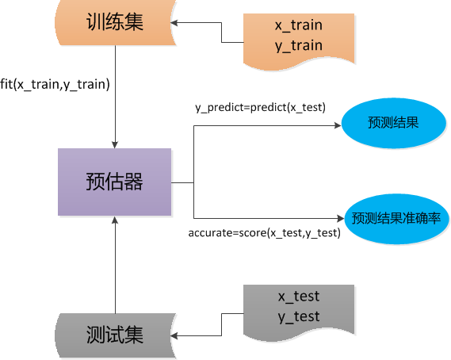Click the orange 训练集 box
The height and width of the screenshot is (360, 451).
115,22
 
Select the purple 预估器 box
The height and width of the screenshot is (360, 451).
115,182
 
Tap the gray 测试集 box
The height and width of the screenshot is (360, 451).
115,335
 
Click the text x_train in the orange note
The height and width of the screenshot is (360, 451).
298,25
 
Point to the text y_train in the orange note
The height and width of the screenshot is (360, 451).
298,45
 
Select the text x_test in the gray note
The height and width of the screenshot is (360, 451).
298,297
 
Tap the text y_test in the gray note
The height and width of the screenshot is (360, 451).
298,316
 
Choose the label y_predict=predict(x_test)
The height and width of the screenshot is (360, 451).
261,107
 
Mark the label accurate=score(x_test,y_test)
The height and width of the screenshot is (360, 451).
264,232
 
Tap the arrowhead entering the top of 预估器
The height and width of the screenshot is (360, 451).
115,144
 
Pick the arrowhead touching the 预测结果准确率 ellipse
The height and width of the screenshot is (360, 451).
342,217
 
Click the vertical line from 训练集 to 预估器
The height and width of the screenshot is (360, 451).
115,95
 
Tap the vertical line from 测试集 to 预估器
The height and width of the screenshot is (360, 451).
115,270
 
